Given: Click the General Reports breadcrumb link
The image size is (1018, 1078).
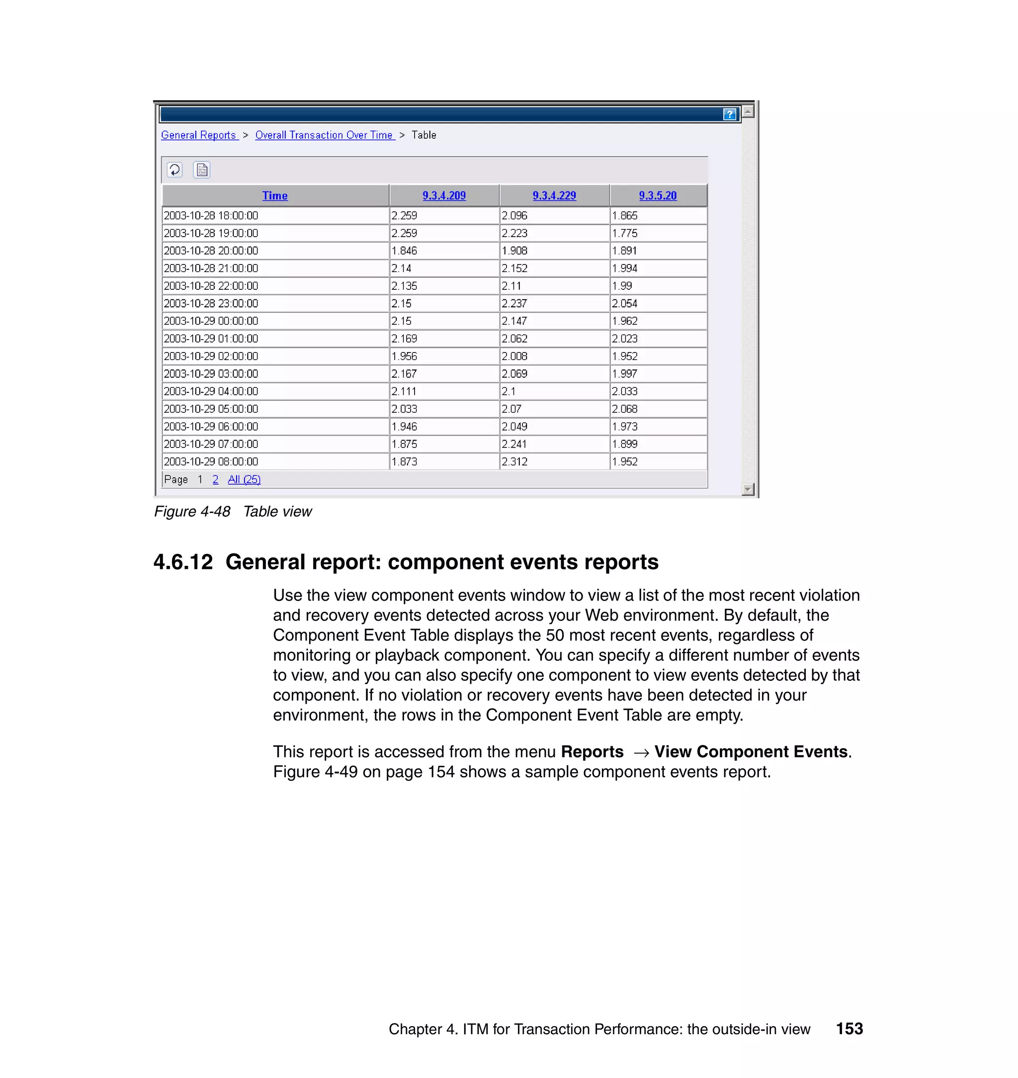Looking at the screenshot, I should tap(199, 135).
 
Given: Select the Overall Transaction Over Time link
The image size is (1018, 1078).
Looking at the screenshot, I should tap(324, 135).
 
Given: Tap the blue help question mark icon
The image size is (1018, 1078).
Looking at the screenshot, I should tap(729, 114).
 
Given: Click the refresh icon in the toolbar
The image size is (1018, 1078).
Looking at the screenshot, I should tap(174, 170).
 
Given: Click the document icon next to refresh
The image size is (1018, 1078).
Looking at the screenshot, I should tap(202, 170).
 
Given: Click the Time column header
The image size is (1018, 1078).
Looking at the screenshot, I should tap(274, 196).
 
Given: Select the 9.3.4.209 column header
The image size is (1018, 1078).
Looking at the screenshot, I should tap(444, 195).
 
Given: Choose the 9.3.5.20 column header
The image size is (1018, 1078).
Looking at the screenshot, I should tap(657, 195).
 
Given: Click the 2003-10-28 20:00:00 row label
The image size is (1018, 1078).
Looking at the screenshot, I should tap(211, 251).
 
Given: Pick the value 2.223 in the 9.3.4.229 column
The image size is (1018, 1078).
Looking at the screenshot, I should tap(514, 233).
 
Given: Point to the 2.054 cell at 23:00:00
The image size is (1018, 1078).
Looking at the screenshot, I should tap(625, 303).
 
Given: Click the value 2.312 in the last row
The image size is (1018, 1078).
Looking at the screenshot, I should tap(514, 462).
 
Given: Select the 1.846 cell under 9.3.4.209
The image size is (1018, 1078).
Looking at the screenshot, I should tap(404, 251).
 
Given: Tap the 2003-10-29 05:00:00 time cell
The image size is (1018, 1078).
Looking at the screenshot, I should tap(211, 409).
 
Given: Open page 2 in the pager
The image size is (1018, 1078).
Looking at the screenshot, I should tap(215, 480).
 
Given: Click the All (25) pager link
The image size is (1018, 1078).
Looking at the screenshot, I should tap(244, 480).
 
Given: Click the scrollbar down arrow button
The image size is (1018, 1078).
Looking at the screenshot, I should tap(748, 490).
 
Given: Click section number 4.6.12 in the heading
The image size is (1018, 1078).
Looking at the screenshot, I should tap(183, 562).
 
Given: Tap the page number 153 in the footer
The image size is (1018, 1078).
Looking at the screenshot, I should tap(849, 1029).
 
